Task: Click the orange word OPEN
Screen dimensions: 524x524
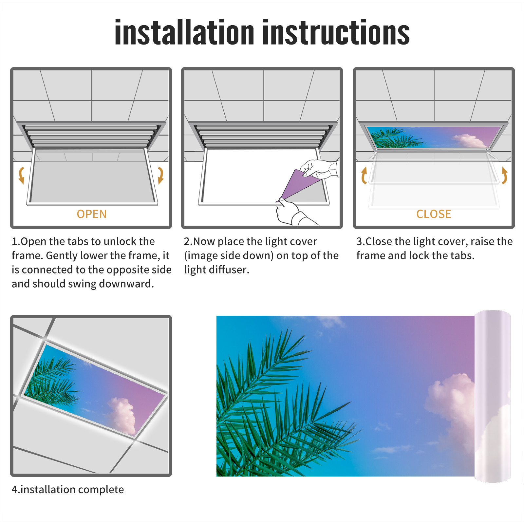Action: click(92, 214)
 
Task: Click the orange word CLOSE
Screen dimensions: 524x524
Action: click(434, 214)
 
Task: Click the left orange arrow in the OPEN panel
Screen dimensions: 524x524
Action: click(21, 175)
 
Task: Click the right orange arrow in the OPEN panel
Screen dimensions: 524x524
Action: click(160, 175)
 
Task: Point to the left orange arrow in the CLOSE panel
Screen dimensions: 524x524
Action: click(364, 175)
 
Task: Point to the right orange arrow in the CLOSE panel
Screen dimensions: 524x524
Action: click(505, 175)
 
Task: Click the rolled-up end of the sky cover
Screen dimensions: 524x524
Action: click(493, 396)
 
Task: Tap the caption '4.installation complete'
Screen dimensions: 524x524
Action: click(68, 490)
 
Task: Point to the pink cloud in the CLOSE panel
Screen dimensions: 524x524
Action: click(469, 141)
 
